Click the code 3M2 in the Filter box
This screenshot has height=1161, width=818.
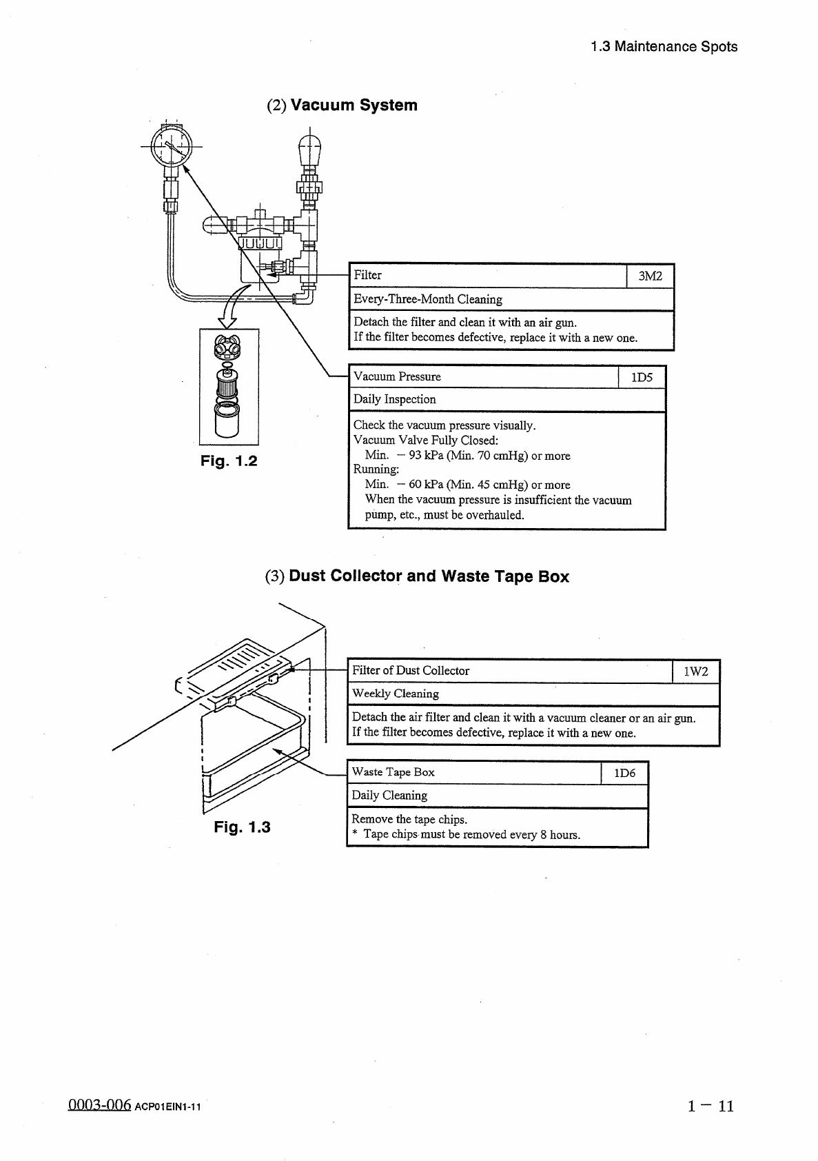click(x=650, y=276)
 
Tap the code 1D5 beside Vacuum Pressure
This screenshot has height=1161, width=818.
click(x=642, y=377)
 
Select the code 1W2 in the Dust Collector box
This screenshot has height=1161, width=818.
click(x=695, y=672)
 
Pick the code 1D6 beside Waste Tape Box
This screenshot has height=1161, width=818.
click(x=624, y=773)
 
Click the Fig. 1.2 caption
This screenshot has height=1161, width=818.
click(x=229, y=461)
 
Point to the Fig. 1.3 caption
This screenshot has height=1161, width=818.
click(x=242, y=827)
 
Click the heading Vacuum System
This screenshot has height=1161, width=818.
click(x=354, y=105)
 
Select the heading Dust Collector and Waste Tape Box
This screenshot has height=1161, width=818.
click(x=429, y=576)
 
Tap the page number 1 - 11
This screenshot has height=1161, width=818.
click(x=710, y=1107)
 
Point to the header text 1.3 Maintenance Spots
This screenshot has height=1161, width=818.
click(x=664, y=47)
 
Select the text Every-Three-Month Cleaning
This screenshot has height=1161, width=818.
click(x=427, y=299)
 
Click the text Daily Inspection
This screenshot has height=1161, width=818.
click(x=394, y=399)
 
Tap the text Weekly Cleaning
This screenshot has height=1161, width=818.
click(x=395, y=694)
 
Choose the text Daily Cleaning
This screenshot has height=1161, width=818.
click(x=389, y=795)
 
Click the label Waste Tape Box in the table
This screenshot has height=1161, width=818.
click(x=393, y=772)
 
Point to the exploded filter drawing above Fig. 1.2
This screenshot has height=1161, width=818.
click(x=229, y=386)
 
